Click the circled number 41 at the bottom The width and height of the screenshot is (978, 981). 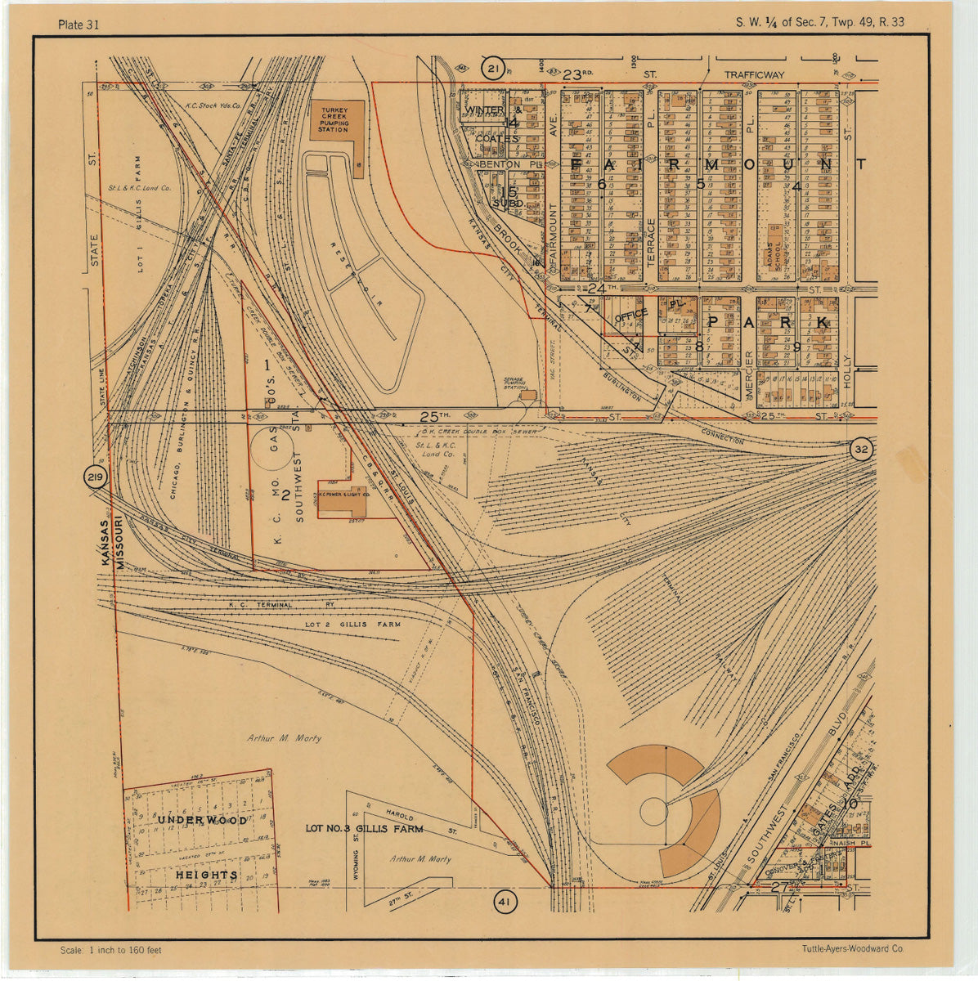[x=505, y=903]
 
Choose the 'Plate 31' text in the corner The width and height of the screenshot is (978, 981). [x=79, y=24]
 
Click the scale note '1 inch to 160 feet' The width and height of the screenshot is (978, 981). [x=111, y=950]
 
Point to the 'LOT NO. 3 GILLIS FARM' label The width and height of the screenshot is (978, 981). [x=364, y=828]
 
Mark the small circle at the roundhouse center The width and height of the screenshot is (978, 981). [x=653, y=812]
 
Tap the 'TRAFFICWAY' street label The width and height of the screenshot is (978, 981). [x=753, y=74]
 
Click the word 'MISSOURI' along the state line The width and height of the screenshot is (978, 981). [x=119, y=542]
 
